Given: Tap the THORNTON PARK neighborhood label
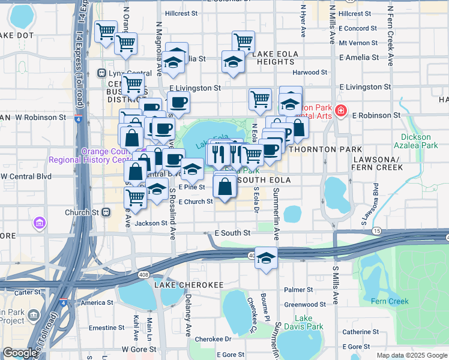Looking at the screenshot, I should click(326, 149).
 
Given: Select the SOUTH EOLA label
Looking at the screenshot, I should click(265, 180).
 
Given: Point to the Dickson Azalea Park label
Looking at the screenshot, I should click(419, 141).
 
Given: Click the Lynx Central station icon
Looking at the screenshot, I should click(101, 73).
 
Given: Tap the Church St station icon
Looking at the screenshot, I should click(106, 212).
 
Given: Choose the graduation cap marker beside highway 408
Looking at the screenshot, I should click(266, 258).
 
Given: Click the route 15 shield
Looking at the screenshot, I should click(376, 231).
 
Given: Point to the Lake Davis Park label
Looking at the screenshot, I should click(304, 322).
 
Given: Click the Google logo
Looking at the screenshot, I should click(20, 353).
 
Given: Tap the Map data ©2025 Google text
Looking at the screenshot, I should click(411, 355).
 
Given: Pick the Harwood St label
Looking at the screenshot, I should click(310, 73).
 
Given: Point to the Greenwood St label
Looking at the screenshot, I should click(305, 304).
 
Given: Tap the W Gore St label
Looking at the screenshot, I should click(139, 349).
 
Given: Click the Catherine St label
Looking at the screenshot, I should click(360, 331).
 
